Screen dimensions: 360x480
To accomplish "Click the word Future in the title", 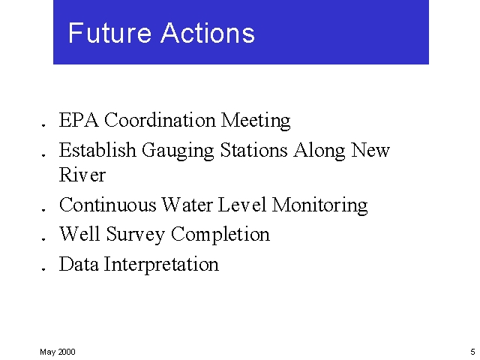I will pyautogui.click(x=103, y=33).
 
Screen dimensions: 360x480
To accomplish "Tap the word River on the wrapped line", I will pyautogui.click(x=82, y=175).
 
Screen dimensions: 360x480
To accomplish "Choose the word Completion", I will pyautogui.click(x=220, y=235).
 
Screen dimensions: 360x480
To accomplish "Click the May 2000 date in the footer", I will pyautogui.click(x=58, y=352).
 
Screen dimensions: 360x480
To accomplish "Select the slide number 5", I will pyautogui.click(x=472, y=352).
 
